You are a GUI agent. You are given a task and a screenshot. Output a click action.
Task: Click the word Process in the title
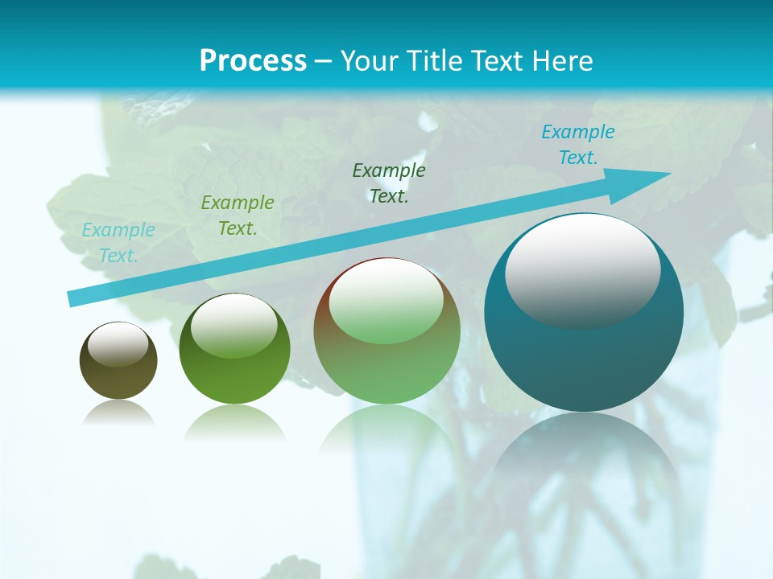[x=253, y=61]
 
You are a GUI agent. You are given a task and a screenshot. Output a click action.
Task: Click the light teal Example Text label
[x=118, y=243]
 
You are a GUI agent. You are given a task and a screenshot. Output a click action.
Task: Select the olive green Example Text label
[x=238, y=216]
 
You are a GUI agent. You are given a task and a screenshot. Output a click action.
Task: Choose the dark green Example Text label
[x=389, y=183]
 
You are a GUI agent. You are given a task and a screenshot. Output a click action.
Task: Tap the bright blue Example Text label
[x=578, y=145]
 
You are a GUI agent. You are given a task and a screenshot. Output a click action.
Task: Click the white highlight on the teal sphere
[x=582, y=269]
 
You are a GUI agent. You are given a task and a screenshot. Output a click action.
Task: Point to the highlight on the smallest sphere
[x=118, y=344]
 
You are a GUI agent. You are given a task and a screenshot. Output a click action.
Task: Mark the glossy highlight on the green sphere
[x=234, y=324]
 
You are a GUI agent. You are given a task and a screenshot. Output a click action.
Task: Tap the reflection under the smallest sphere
[x=118, y=414]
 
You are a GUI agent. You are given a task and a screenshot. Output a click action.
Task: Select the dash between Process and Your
[x=324, y=62]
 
